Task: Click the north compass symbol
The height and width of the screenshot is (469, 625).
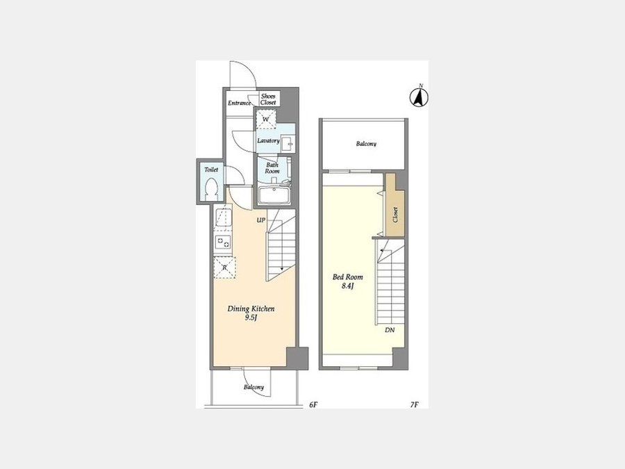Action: click(419, 97)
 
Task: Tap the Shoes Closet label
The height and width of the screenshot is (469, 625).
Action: click(268, 99)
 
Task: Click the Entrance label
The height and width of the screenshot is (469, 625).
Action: click(239, 103)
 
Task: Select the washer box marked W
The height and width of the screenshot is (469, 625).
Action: click(266, 120)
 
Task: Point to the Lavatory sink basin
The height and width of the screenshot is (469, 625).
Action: click(287, 143)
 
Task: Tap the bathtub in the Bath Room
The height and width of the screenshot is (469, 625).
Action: click(274, 195)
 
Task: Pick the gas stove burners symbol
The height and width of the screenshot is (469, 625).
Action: click(223, 242)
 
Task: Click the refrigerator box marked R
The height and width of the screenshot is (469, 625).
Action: click(225, 268)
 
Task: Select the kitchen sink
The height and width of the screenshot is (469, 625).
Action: click(224, 217)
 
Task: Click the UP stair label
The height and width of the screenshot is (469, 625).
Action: click(260, 220)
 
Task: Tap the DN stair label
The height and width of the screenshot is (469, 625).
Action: click(390, 330)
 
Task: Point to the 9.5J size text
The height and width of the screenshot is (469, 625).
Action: click(251, 318)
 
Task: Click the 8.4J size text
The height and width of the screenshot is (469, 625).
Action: click(348, 286)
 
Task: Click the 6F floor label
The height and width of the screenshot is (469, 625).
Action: click(313, 405)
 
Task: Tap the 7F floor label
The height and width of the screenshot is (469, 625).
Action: click(414, 405)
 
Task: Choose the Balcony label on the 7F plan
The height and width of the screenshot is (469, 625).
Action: click(366, 144)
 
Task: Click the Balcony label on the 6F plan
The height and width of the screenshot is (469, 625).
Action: click(254, 387)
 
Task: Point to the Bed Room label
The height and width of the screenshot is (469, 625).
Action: click(348, 277)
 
